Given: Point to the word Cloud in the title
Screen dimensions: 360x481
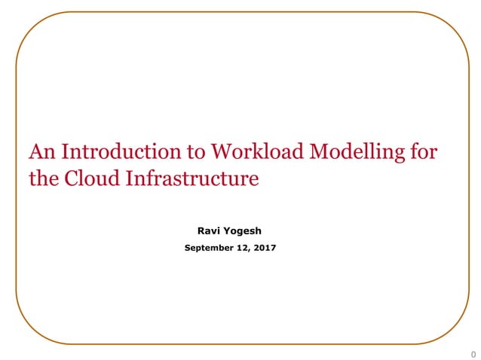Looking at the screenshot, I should coord(84,179).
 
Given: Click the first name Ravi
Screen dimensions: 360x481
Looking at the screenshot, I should coord(208,231).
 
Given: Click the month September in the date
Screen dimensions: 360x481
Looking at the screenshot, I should coord(208,248).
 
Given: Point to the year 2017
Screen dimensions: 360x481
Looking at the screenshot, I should coord(265,248).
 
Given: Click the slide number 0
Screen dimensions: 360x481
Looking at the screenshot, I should coord(473,354).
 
